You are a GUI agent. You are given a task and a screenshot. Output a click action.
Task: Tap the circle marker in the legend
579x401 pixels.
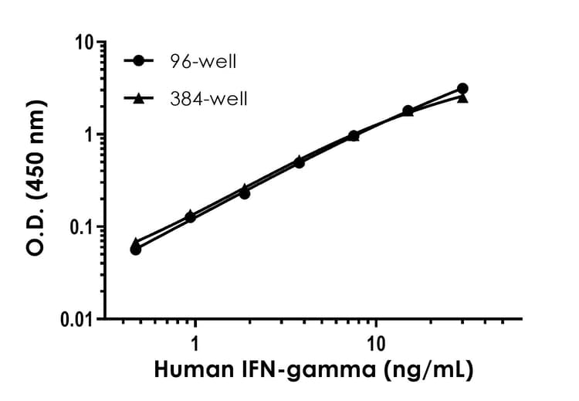click(139, 61)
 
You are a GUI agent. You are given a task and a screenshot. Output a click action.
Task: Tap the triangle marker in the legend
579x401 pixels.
click(139, 98)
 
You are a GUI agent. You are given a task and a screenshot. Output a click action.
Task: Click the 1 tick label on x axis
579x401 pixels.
click(195, 342)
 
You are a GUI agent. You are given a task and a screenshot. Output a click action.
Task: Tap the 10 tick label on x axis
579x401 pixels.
click(376, 342)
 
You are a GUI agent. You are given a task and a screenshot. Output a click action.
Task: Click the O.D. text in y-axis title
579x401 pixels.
click(37, 233)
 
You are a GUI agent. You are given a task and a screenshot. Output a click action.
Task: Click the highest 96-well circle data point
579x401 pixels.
click(462, 89)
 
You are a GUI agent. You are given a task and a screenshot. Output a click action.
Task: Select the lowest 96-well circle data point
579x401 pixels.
click(136, 250)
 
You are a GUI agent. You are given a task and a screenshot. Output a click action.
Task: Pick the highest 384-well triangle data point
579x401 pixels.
click(462, 97)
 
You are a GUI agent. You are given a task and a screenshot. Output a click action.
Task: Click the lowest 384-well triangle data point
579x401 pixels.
click(136, 243)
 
